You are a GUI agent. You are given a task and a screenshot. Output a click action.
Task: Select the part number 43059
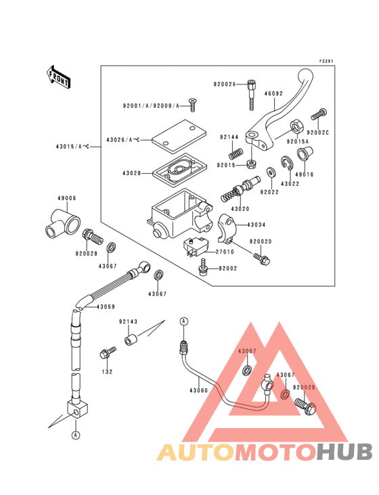point(105,307)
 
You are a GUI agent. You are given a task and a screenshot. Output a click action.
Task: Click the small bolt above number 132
point(107,352)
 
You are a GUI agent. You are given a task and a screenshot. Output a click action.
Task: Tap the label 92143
point(129,322)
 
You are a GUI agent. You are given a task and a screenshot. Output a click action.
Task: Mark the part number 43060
point(198,390)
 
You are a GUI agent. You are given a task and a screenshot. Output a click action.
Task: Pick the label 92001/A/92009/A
point(151,106)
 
